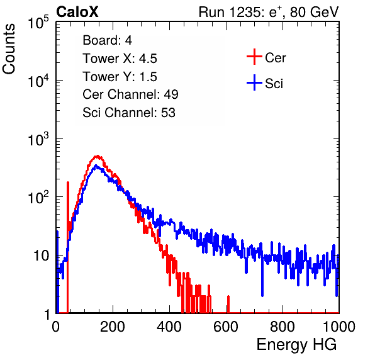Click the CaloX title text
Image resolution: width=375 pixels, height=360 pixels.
77,12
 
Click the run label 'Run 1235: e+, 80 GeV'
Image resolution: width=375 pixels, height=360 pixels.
269,12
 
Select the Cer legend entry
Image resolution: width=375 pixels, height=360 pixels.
266,57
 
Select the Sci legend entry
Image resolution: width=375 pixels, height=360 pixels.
265,83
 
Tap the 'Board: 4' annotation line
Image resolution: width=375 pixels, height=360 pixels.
107,40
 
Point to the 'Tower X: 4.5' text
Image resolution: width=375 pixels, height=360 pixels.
120,59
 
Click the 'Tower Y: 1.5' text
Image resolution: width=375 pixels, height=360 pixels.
120,77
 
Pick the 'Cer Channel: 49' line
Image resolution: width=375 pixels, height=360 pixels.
130,94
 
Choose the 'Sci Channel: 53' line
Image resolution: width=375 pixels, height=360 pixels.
129,113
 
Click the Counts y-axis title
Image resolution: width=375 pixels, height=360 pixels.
9,49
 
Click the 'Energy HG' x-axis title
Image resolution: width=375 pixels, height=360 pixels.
296,345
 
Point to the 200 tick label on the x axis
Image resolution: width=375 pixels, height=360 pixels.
113,327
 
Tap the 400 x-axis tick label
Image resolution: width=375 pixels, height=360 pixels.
169,327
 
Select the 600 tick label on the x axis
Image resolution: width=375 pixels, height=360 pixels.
226,327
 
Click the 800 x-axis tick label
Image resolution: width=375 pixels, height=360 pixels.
283,327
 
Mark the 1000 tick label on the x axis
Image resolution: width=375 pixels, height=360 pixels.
339,327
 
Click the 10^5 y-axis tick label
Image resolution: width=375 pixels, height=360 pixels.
38,23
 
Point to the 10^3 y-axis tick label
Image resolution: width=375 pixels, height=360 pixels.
38,140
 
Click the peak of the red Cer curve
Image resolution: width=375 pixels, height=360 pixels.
98,156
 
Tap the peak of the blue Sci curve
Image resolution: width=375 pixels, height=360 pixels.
96,166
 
